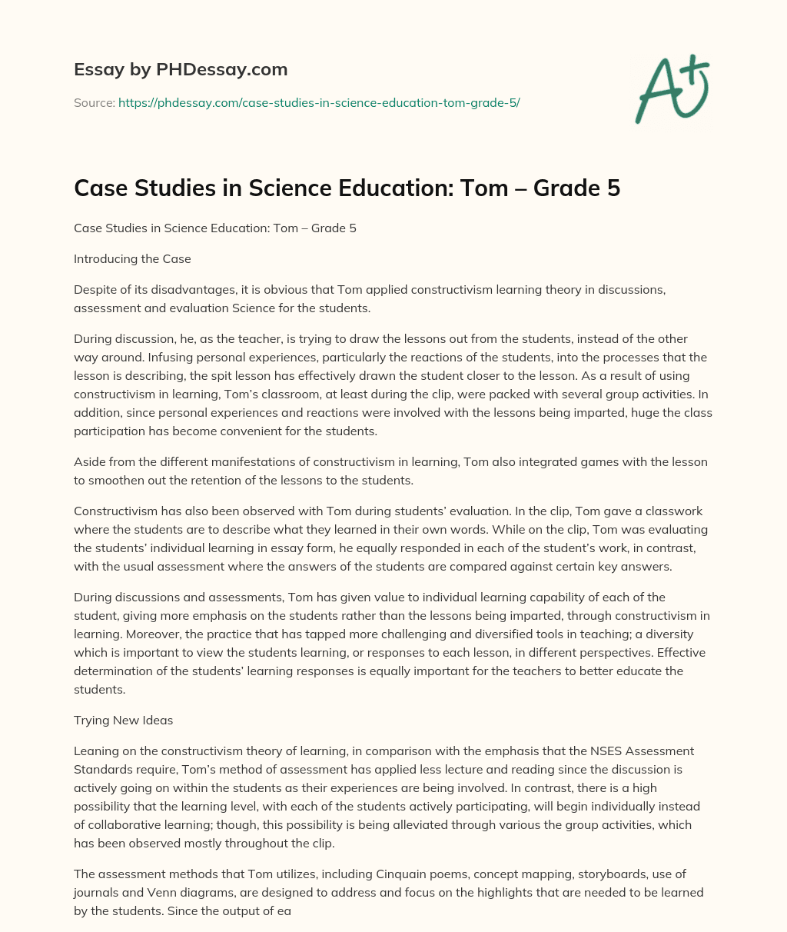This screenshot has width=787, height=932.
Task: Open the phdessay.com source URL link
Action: tap(319, 102)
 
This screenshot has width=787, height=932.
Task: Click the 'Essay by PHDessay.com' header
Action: tap(181, 69)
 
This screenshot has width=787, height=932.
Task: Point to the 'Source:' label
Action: tap(94, 102)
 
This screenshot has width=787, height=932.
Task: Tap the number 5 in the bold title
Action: tap(613, 188)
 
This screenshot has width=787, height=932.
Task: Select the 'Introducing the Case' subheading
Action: tap(132, 259)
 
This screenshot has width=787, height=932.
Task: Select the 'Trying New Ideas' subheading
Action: tap(123, 721)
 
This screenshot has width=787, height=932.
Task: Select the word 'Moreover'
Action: tap(99, 634)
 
